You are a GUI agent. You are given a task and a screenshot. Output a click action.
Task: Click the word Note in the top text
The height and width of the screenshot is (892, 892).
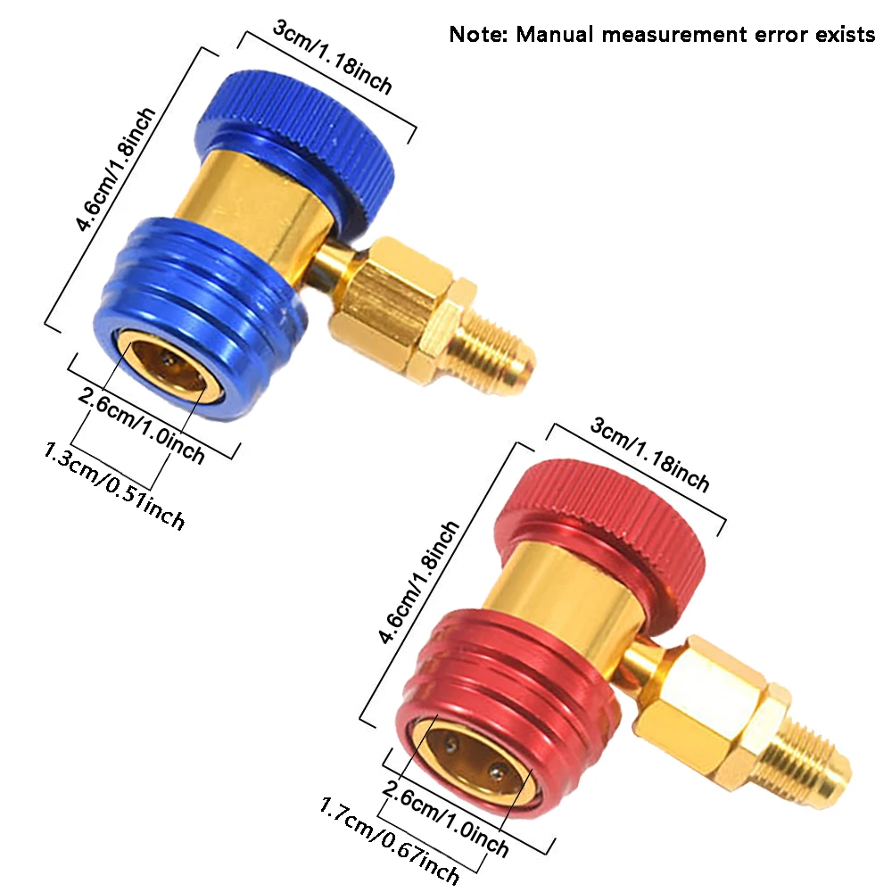click(476, 35)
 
